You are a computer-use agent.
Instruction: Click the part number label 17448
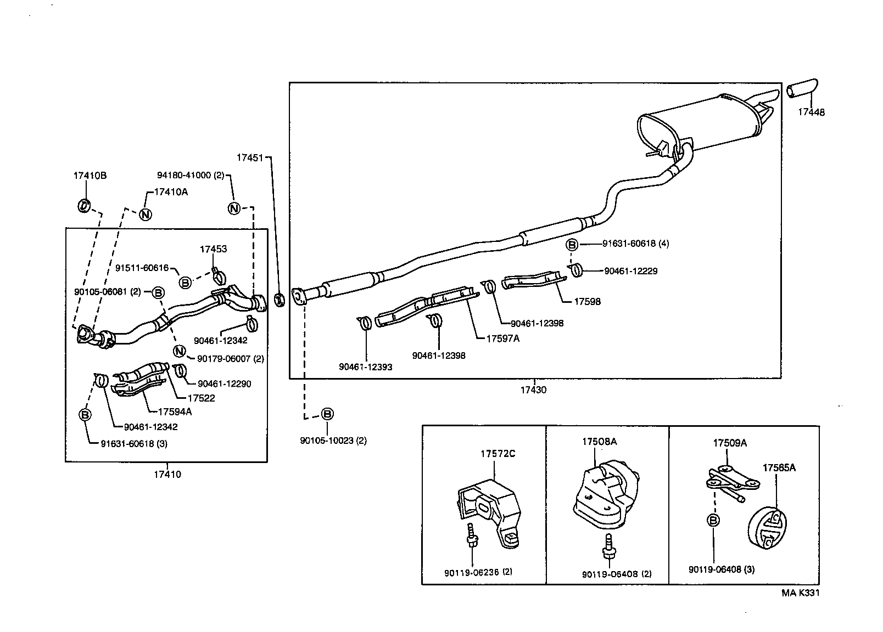pyautogui.click(x=811, y=112)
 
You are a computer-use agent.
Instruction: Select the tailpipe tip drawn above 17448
pyautogui.click(x=802, y=89)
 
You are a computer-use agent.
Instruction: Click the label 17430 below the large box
pyautogui.click(x=533, y=390)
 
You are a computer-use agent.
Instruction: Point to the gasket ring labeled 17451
pyautogui.click(x=279, y=300)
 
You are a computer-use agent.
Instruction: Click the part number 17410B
pyautogui.click(x=90, y=176)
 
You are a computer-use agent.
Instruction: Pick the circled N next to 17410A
pyautogui.click(x=145, y=214)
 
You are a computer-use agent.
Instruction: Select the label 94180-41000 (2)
pyautogui.click(x=191, y=176)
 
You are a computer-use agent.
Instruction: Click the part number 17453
pyautogui.click(x=213, y=249)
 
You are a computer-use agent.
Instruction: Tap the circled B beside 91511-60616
pyautogui.click(x=185, y=282)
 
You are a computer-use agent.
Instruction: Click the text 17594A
pyautogui.click(x=175, y=411)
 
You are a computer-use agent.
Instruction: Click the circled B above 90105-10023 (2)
pyautogui.click(x=327, y=414)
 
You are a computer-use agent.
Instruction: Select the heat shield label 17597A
pyautogui.click(x=502, y=338)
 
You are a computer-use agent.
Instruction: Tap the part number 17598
pyautogui.click(x=587, y=302)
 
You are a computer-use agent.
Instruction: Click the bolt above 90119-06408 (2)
pyautogui.click(x=607, y=546)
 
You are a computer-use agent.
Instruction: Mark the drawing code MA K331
pyautogui.click(x=801, y=592)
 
